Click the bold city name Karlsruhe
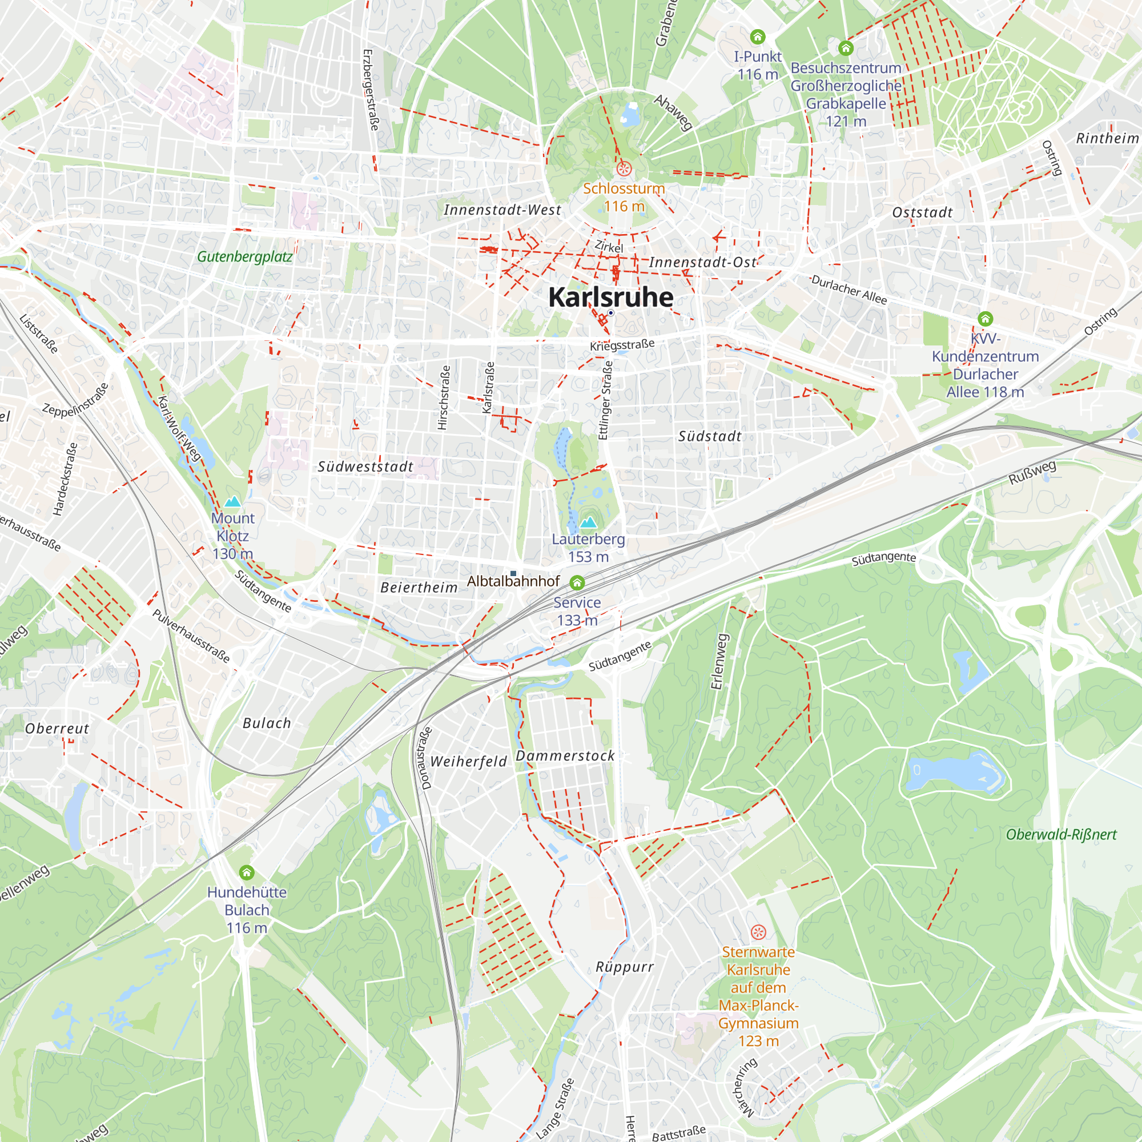pyautogui.click(x=610, y=297)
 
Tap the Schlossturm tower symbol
pyautogui.click(x=624, y=169)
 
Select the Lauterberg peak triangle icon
pyautogui.click(x=588, y=522)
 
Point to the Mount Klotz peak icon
pyautogui.click(x=232, y=502)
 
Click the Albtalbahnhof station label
pyautogui.click(x=513, y=581)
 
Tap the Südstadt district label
pyautogui.click(x=709, y=436)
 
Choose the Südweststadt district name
pyautogui.click(x=365, y=467)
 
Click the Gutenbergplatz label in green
pyautogui.click(x=245, y=256)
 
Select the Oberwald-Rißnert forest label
pyautogui.click(x=1061, y=835)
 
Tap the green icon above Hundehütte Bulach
pyautogui.click(x=247, y=872)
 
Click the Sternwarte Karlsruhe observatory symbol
pyautogui.click(x=758, y=932)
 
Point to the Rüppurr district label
pyautogui.click(x=624, y=967)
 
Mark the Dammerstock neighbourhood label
pyautogui.click(x=565, y=755)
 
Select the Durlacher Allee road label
pyautogui.click(x=849, y=289)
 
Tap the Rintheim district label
pyautogui.click(x=1107, y=138)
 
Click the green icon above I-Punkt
pyautogui.click(x=757, y=37)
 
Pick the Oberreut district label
pyautogui.click(x=57, y=728)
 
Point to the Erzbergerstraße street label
pyautogui.click(x=370, y=90)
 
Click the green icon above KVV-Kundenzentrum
pyautogui.click(x=985, y=319)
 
